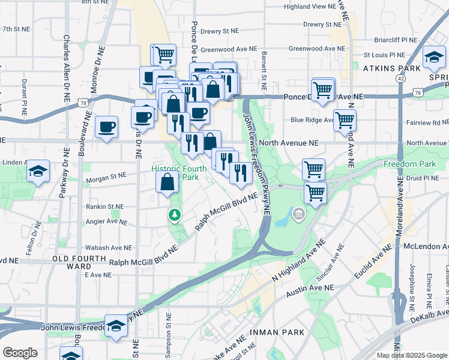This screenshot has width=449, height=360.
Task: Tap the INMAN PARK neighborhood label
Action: pos(280,332)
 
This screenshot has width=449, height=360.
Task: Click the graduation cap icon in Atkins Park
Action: pos(432,57)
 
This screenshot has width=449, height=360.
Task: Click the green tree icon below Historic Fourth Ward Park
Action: pos(175,214)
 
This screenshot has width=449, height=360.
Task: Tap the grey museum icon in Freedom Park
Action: pos(298,213)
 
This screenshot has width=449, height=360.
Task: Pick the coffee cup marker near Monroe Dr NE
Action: pos(106,127)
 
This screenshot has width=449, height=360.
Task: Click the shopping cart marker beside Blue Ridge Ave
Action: pos(345,120)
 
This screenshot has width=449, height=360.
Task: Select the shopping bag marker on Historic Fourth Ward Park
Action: pos(167,182)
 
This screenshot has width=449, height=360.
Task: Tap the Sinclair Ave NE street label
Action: pos(333,256)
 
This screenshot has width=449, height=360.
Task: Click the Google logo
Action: pos(20,353)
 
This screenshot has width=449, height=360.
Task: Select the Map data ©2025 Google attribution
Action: pos(411,355)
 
